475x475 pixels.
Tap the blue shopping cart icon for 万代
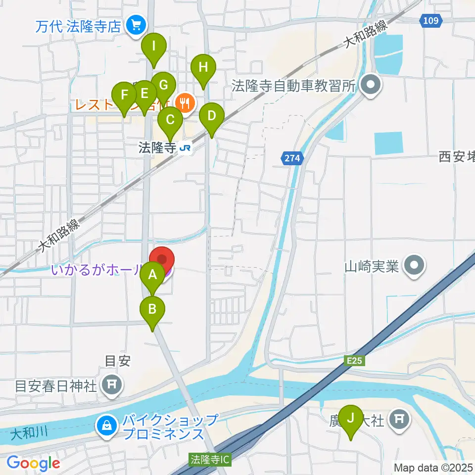(134, 25)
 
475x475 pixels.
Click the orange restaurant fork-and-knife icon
(186, 103)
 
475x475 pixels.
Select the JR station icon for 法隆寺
(186, 148)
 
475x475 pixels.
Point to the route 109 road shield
(431, 21)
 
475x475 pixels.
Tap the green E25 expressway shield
(354, 361)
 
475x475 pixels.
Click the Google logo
(33, 463)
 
